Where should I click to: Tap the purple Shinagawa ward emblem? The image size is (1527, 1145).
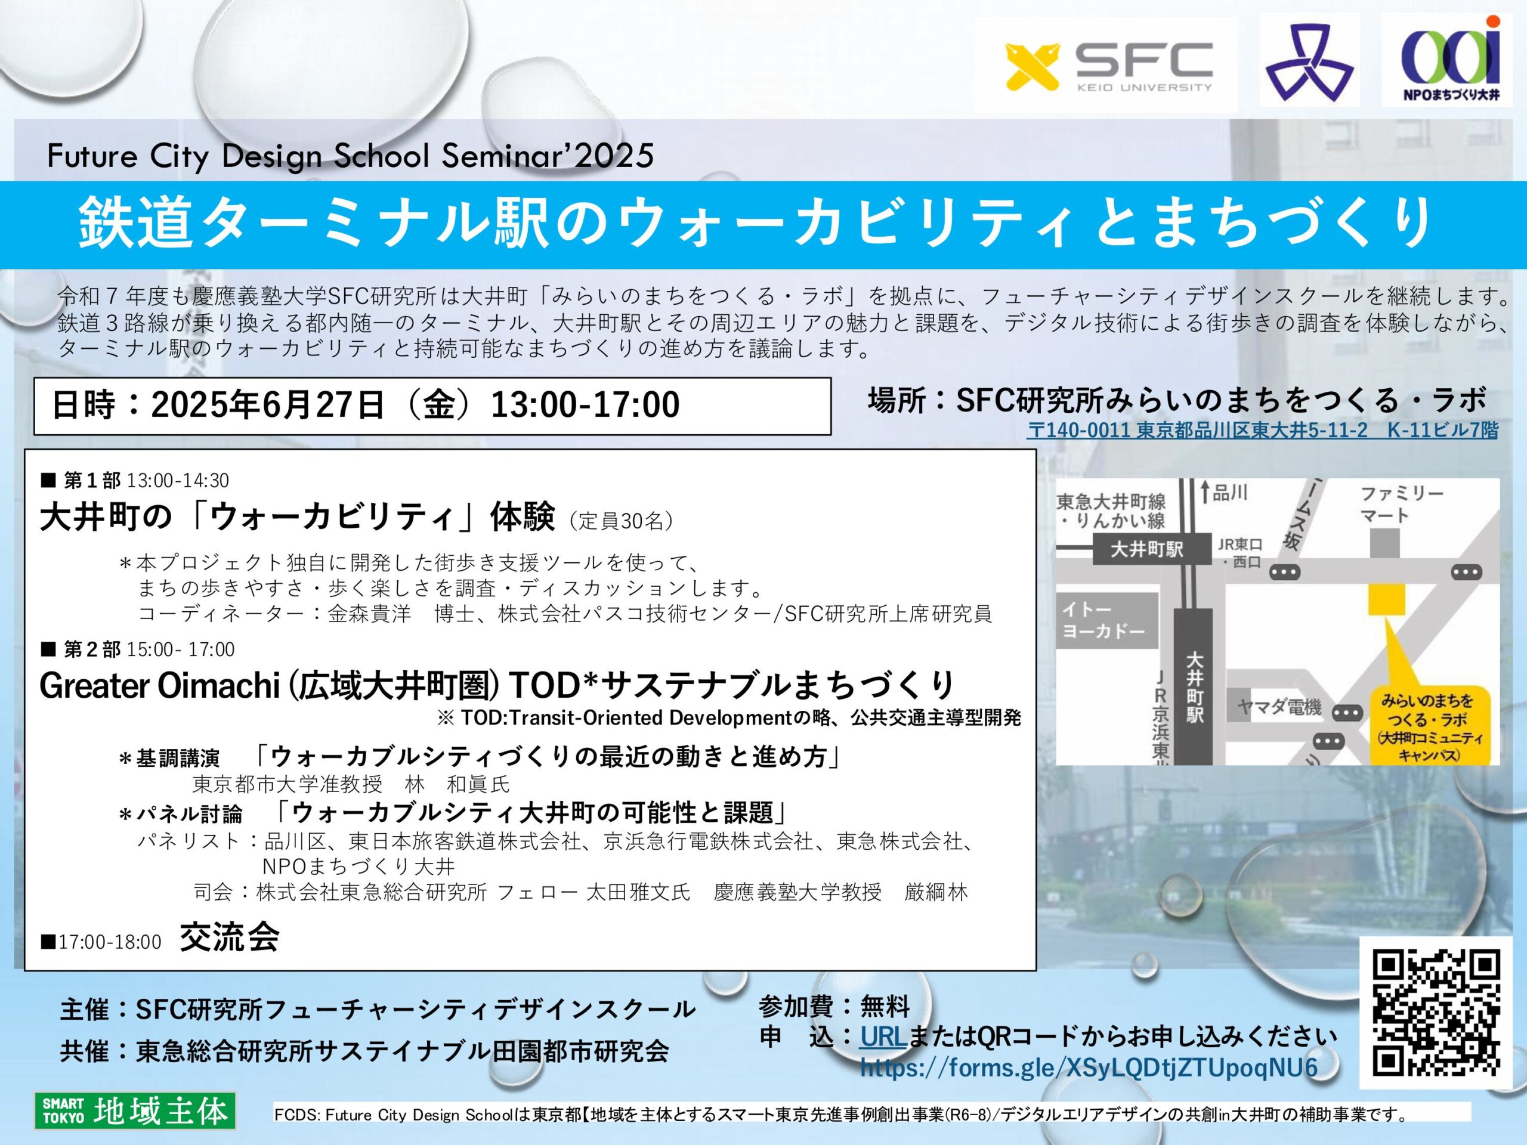1309,63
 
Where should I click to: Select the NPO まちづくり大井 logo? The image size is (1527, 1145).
1451,61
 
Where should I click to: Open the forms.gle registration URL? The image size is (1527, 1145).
1089,1067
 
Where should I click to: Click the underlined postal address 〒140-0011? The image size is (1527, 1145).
1263,430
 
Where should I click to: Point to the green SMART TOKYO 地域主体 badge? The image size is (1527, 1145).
135,1110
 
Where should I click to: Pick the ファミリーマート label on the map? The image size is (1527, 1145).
1401,504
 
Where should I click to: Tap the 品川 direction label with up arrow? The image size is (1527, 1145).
1225,492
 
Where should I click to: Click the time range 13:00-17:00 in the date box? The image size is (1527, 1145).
585,404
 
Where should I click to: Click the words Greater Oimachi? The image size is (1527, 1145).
159,685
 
